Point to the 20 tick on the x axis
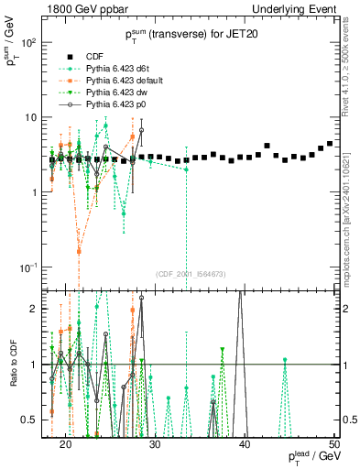coord(66,444)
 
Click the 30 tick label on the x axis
coord(156,444)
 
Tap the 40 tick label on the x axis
coord(245,444)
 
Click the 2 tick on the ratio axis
coord(36,309)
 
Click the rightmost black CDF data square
coord(330,143)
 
